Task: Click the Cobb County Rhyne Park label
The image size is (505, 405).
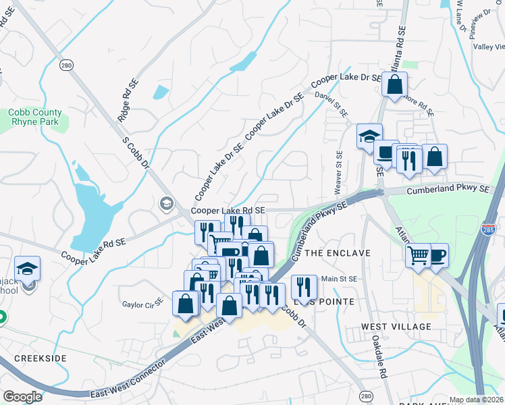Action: pos(35,117)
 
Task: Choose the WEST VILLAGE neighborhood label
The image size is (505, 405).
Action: pos(396,327)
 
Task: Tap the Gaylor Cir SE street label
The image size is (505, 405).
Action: pos(142,304)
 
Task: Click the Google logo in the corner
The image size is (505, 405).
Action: pos(22,397)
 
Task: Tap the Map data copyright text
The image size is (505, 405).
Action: pos(475,400)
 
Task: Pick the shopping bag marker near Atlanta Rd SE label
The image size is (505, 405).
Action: pos(395,85)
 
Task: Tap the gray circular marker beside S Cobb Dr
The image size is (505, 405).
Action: pos(166,203)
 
